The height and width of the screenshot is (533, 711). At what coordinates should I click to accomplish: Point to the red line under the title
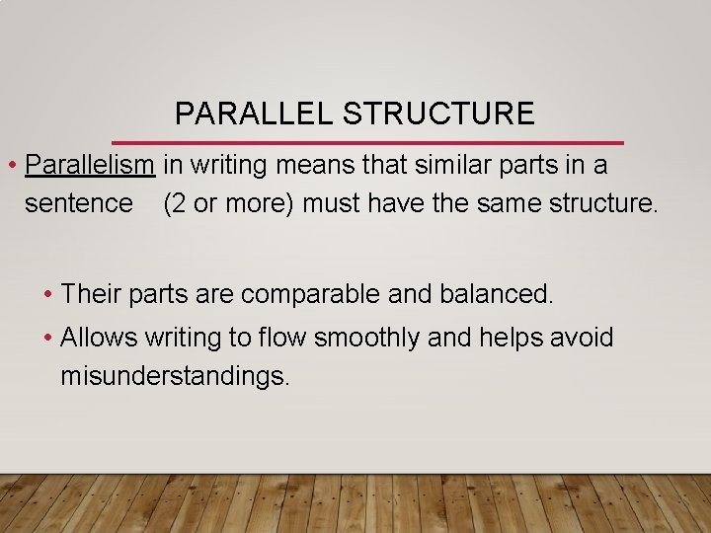[x=367, y=143]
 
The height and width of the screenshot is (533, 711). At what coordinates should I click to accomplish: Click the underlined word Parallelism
[x=91, y=165]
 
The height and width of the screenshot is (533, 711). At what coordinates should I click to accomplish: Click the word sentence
[x=78, y=203]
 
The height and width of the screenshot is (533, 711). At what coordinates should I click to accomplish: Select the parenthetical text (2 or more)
[x=229, y=203]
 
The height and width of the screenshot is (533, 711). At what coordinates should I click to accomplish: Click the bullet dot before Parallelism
[x=11, y=165]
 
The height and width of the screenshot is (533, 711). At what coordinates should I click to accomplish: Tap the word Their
[x=89, y=293]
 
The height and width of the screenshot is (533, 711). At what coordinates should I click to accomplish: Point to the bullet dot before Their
[x=48, y=293]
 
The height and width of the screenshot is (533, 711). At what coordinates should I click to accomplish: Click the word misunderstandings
[x=175, y=376]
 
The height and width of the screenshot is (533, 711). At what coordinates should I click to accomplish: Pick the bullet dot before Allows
[x=48, y=339]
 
